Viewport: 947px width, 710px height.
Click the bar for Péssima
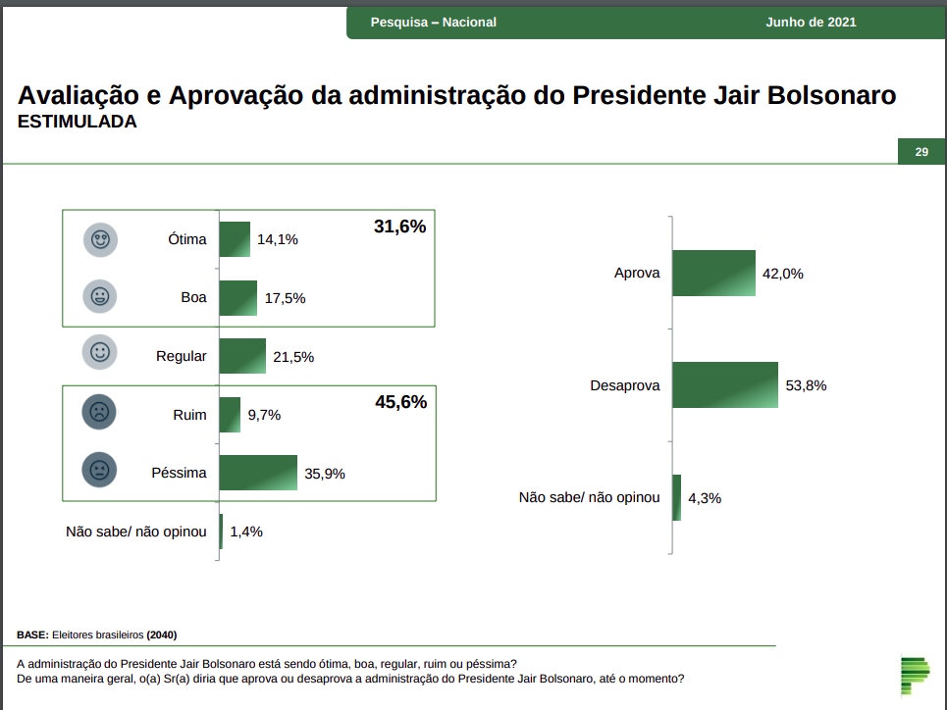[x=258, y=473]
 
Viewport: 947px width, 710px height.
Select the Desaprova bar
[x=725, y=385]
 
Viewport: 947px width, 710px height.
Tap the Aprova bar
[x=713, y=274]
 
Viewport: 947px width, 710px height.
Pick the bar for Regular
[x=242, y=356]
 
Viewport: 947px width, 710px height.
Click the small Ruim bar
[x=230, y=415]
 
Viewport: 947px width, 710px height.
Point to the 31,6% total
[x=399, y=228]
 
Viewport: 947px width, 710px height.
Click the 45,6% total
[x=400, y=402]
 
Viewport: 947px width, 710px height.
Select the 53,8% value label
[x=807, y=385]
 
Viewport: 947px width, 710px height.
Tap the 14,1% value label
[x=278, y=239]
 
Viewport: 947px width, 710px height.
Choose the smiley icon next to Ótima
[x=100, y=239]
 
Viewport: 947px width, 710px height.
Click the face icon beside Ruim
[x=100, y=413]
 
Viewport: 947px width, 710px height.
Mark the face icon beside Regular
[x=100, y=351]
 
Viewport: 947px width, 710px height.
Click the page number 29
[x=921, y=152]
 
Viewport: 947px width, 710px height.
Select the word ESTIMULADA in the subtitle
[x=78, y=123]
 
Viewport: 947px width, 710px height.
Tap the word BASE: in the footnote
[x=32, y=634]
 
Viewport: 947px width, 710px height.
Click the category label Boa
[x=193, y=297]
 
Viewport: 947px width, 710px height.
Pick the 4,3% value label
[x=705, y=498]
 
